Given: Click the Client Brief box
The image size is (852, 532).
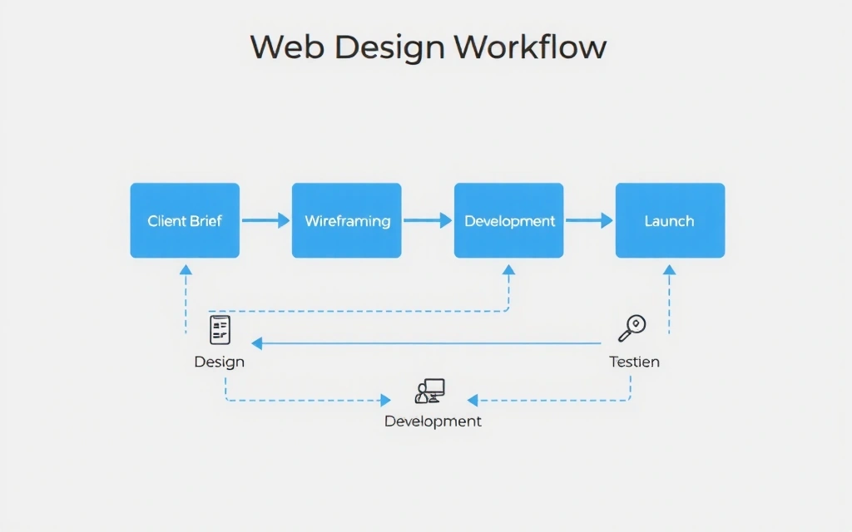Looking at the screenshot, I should pyautogui.click(x=185, y=220).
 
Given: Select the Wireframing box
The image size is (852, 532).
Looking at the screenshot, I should pyautogui.click(x=346, y=220).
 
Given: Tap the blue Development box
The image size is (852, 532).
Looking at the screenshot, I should pyautogui.click(x=508, y=220).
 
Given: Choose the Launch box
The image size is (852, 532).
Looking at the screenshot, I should pyautogui.click(x=670, y=220).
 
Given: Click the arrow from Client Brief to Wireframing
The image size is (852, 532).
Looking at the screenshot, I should pyautogui.click(x=265, y=220).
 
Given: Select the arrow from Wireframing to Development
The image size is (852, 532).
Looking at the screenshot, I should pyautogui.click(x=427, y=220).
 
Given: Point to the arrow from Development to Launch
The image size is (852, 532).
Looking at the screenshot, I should pyautogui.click(x=589, y=220).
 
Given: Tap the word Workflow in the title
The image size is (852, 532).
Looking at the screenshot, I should pyautogui.click(x=530, y=47).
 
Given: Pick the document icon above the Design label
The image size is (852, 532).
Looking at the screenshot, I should pyautogui.click(x=220, y=330).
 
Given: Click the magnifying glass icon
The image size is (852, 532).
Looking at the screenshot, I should pyautogui.click(x=632, y=328).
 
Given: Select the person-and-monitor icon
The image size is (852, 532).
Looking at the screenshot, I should pyautogui.click(x=429, y=391).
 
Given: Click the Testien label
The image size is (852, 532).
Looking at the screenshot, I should pyautogui.click(x=634, y=362).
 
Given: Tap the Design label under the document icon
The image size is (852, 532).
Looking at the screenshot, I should pyautogui.click(x=220, y=362).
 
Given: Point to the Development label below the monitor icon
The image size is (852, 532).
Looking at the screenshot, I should pyautogui.click(x=433, y=421).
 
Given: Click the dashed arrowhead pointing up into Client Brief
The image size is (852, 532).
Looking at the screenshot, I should pyautogui.click(x=186, y=269).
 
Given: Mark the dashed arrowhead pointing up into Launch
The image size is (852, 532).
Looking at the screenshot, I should pyautogui.click(x=670, y=269).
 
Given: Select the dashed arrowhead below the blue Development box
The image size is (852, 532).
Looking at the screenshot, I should pyautogui.click(x=508, y=269).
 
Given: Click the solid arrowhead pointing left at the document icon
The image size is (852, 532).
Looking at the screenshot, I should pyautogui.click(x=257, y=342).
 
